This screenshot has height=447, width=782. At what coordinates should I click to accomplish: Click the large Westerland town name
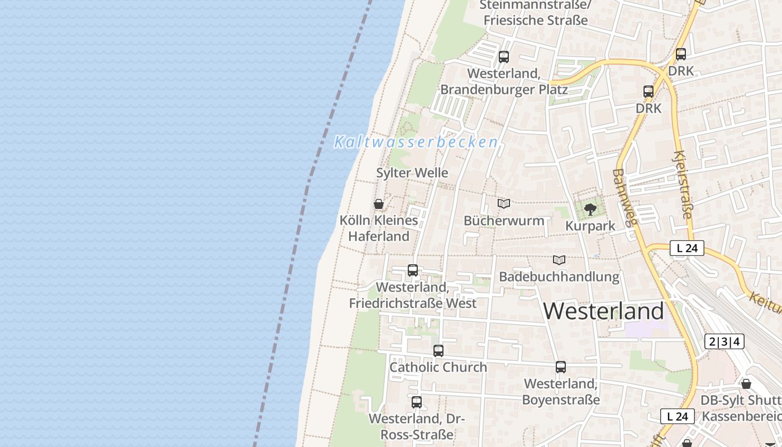coord(604,311)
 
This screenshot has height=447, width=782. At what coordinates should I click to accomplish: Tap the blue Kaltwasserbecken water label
coord(416,142)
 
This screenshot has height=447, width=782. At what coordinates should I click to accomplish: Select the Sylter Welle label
coord(412,173)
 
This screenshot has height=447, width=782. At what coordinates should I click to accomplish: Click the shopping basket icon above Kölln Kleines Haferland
coord(378,204)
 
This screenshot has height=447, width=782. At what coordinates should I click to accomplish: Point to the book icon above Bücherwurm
coord(504,204)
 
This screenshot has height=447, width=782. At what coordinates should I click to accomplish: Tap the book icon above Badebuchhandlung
coord(559,260)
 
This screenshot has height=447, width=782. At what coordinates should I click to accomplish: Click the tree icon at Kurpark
coord(590,210)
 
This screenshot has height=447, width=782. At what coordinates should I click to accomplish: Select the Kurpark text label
coord(590,226)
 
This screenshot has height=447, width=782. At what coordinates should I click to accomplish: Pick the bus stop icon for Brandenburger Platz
coord(504,56)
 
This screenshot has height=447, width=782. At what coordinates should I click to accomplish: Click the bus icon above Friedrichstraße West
coord(413,270)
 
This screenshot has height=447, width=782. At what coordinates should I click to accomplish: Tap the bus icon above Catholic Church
coord(438,351)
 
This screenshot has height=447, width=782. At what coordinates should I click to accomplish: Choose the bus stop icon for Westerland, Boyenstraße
coord(561,367)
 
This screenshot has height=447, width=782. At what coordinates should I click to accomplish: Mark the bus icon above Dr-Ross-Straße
coord(417,402)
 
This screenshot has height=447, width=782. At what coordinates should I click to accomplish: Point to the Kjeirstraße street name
coord(683,184)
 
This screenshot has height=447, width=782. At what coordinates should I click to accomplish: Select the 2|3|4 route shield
coord(724,341)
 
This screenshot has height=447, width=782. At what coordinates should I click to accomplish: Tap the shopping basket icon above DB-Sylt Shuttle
coord(746,384)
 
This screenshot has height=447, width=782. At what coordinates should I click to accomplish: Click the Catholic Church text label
coord(438,367)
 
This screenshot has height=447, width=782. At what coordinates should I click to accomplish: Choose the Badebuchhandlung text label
coord(559,277)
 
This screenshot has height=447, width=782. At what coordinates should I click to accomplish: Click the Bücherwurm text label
coord(504,220)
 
